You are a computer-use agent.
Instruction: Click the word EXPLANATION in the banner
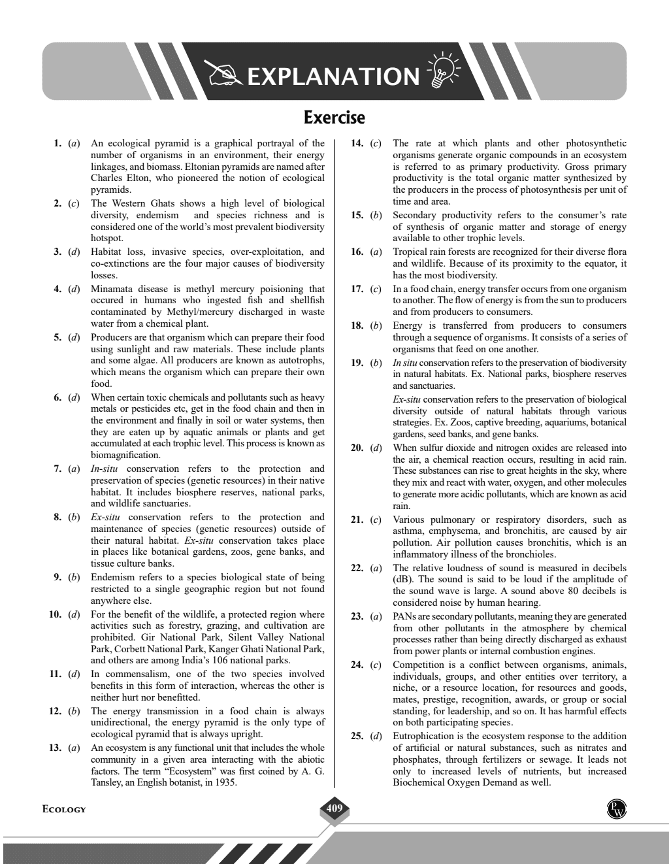coord(333,77)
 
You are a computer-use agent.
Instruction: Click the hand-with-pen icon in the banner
coord(223,74)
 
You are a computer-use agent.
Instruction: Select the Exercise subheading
coord(334,118)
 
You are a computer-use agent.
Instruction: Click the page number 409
coord(334,809)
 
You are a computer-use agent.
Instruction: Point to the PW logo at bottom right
coord(615,808)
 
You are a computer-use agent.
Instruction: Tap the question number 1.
coord(57,143)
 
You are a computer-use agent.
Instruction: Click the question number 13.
coord(55,748)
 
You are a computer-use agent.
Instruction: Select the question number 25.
coord(357,736)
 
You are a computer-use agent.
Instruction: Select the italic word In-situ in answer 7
coord(103,469)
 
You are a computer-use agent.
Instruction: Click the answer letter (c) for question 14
coord(375,143)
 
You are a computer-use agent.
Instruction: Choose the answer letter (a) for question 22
coord(375,568)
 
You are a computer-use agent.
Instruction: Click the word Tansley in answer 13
coord(106,782)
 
